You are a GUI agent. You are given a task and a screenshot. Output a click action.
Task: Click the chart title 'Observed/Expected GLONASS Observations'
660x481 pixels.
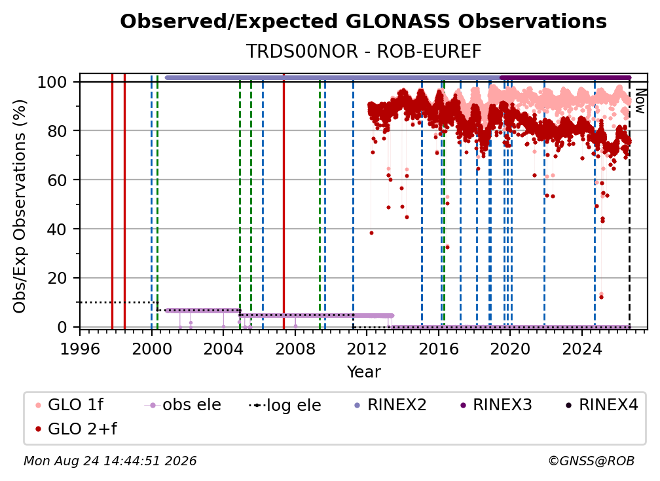click(363, 22)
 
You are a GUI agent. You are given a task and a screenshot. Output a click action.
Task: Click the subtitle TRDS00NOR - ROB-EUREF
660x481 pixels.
click(363, 51)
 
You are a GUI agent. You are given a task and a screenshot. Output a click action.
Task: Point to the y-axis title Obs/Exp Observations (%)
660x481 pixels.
click(20, 206)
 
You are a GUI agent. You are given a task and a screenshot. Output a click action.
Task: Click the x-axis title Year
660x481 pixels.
click(363, 372)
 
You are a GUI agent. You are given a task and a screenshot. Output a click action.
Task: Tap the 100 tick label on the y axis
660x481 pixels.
click(52, 82)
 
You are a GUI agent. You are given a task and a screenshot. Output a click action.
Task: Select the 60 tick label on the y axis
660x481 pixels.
click(57, 180)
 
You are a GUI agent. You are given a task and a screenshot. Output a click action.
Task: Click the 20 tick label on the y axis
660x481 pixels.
click(57, 278)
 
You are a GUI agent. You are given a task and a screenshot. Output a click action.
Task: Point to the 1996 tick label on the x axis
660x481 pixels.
click(80, 349)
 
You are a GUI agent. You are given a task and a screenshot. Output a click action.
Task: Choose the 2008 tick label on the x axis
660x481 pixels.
click(295, 349)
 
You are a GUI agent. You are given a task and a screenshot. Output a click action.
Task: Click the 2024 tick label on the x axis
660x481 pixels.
click(581, 349)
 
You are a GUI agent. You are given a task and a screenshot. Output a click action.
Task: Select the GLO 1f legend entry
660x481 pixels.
click(69, 405)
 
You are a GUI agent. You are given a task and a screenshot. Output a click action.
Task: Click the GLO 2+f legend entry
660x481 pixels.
click(76, 429)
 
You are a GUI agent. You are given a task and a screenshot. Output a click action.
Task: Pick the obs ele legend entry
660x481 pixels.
click(183, 405)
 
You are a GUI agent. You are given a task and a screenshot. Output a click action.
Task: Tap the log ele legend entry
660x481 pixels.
click(285, 405)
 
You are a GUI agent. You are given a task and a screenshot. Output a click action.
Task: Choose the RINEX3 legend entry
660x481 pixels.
click(496, 405)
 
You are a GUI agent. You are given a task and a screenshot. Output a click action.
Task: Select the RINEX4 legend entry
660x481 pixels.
click(602, 405)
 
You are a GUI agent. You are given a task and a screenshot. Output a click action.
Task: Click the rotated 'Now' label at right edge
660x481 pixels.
click(640, 101)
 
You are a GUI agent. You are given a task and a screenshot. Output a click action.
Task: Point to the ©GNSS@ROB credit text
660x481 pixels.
click(591, 461)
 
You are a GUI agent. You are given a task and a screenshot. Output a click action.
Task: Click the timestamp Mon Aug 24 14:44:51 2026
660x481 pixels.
click(110, 461)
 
